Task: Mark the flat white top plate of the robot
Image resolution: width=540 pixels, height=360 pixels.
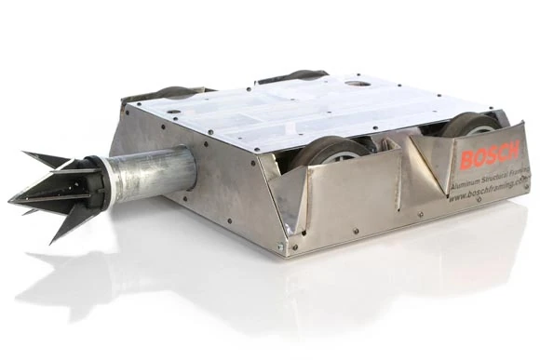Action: pos(307,107)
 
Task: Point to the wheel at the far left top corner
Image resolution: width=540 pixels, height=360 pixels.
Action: pos(172,92)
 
